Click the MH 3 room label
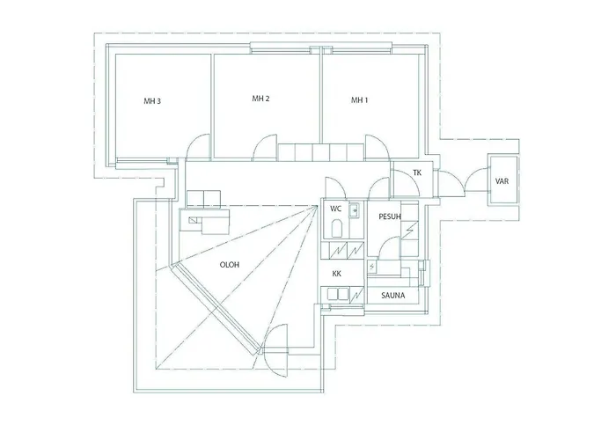click(152, 101)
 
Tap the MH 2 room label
click(260, 99)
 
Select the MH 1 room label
click(359, 100)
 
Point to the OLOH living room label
click(230, 265)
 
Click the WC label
click(335, 209)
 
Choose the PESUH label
click(390, 216)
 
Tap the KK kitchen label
click(337, 274)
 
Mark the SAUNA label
click(392, 296)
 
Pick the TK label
click(417, 172)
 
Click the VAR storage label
click(502, 181)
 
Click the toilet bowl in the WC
click(337, 230)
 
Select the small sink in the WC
click(354, 210)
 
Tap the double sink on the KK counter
click(334, 294)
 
